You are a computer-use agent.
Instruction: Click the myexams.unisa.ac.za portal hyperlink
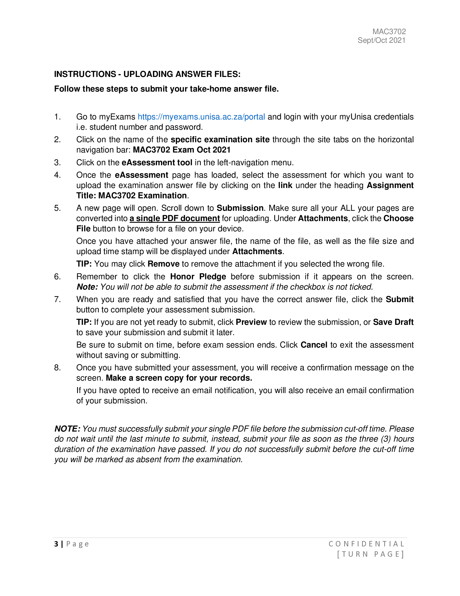click(201, 117)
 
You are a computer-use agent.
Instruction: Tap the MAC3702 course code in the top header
click(389, 32)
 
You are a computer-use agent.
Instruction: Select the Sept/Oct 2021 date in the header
click(381, 40)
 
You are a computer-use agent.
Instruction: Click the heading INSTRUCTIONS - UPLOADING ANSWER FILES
click(147, 74)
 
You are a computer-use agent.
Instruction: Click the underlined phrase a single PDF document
click(175, 218)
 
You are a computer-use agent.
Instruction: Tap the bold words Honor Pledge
click(198, 277)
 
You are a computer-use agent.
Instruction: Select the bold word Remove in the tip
click(163, 264)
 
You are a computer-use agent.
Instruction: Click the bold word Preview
click(251, 322)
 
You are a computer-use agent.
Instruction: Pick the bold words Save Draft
click(393, 322)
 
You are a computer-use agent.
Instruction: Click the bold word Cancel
click(314, 345)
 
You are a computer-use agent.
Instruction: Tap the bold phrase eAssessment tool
click(157, 163)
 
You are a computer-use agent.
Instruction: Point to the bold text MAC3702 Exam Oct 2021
click(182, 150)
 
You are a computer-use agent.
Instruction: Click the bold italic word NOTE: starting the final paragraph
click(67, 429)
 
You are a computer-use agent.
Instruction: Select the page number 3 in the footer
click(56, 544)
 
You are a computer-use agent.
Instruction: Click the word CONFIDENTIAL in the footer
click(366, 544)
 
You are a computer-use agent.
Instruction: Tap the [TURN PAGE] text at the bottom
click(370, 554)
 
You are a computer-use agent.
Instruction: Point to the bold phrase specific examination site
click(220, 140)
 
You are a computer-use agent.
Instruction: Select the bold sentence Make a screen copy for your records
click(179, 378)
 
